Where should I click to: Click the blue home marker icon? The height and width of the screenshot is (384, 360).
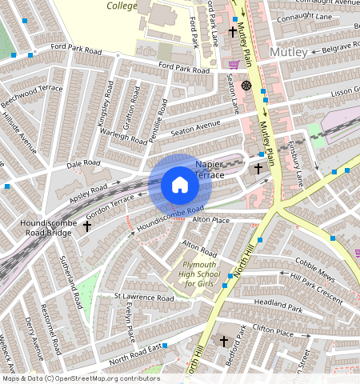tap(180, 186)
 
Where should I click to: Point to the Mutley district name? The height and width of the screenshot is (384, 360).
tap(288, 52)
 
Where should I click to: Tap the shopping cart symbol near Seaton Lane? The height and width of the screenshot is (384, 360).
tap(234, 66)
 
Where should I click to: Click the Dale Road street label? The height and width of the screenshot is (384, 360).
tap(84, 164)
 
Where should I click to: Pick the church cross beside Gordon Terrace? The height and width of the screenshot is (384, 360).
tap(86, 226)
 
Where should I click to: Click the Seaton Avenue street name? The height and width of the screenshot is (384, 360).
tap(194, 126)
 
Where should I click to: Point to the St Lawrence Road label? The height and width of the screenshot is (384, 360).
tap(143, 298)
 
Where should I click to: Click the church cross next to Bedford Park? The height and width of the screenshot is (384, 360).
tap(224, 342)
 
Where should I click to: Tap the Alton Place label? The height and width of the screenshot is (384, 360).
tap(210, 219)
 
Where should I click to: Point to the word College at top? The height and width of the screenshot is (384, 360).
tap(122, 5)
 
